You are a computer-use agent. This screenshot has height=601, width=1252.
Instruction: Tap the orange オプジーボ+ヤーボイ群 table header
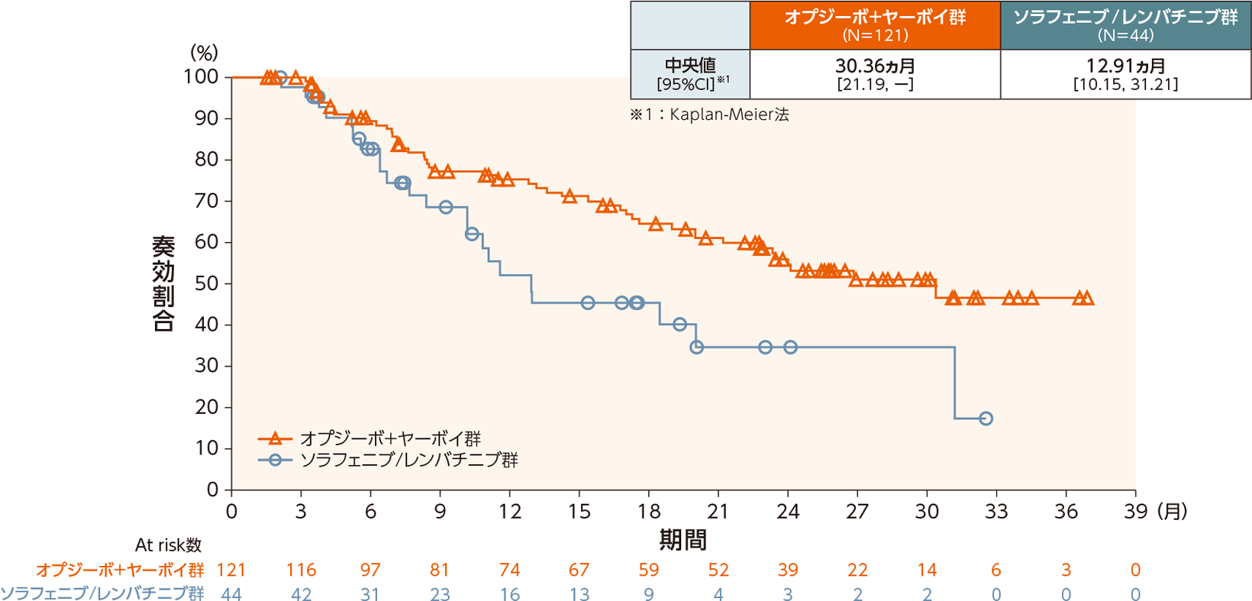click(x=875, y=24)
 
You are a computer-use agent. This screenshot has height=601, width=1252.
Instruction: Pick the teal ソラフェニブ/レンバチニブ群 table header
click(x=1125, y=24)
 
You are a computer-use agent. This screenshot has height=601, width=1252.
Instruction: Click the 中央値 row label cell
click(x=690, y=74)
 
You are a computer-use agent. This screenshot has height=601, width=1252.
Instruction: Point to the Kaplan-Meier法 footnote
click(x=709, y=115)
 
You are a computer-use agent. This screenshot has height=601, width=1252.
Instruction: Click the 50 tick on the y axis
click(x=207, y=283)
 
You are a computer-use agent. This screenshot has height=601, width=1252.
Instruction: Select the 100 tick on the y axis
click(x=201, y=77)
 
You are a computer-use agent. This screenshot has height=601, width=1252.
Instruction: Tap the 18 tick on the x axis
click(x=649, y=512)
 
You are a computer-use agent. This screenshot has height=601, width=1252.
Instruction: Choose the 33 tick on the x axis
click(x=996, y=512)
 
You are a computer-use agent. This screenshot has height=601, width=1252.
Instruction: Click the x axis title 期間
click(x=682, y=540)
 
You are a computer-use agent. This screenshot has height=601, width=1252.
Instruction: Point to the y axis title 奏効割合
click(x=163, y=283)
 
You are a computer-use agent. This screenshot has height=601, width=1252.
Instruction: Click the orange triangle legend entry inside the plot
click(x=369, y=438)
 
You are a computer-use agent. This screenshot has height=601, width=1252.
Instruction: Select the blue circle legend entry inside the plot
click(x=388, y=460)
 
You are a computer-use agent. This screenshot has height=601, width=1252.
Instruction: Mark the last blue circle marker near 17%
click(x=986, y=418)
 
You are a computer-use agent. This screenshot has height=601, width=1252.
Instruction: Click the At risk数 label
click(x=168, y=545)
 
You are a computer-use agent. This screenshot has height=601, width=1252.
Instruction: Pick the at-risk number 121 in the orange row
click(x=231, y=570)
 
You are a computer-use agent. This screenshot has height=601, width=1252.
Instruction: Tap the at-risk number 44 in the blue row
click(x=231, y=594)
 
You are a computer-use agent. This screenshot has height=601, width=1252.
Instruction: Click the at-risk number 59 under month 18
click(x=649, y=570)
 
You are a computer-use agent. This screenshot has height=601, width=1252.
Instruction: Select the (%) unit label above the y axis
click(x=204, y=53)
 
